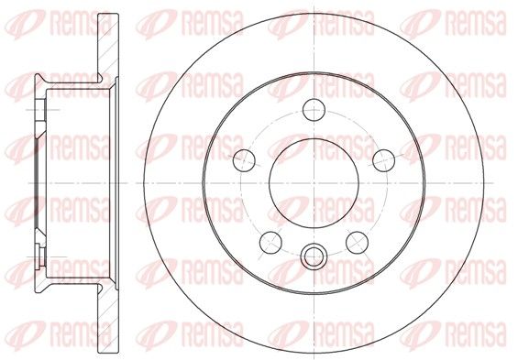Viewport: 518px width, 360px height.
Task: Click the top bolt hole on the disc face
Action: pyautogui.click(x=314, y=110)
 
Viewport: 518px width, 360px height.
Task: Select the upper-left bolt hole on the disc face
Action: pyautogui.click(x=244, y=160)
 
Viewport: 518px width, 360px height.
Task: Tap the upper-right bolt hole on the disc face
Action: pyautogui.click(x=383, y=160)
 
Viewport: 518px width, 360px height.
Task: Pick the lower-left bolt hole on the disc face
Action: pyautogui.click(x=270, y=242)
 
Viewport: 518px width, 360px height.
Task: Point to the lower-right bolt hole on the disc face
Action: pyautogui.click(x=358, y=242)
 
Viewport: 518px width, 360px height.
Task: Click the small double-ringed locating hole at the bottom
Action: pyautogui.click(x=314, y=256)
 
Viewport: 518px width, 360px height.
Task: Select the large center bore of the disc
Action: pyautogui.click(x=314, y=183)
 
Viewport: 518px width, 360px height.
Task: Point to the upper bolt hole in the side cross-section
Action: pyautogui.click(x=40, y=110)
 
